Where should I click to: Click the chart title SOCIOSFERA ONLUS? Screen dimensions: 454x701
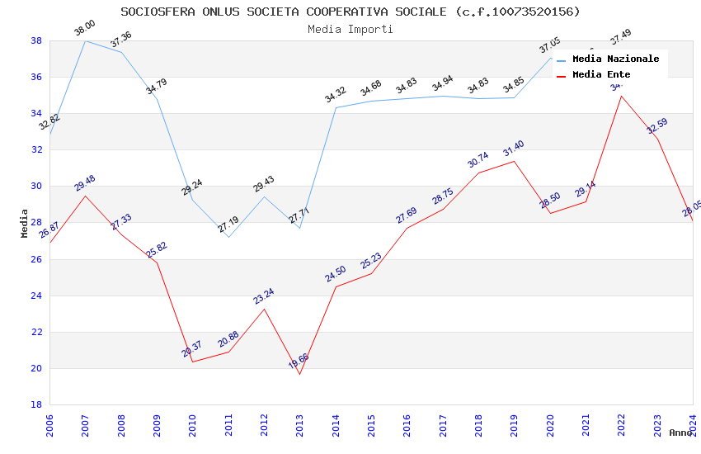pos(350,12)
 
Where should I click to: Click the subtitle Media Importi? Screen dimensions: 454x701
pos(350,29)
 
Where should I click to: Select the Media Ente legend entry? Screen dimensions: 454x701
pos(601,75)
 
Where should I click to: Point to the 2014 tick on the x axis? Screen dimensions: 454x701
pos(336,424)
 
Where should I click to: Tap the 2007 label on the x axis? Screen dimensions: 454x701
pos(86,424)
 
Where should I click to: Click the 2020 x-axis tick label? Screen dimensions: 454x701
pos(550,424)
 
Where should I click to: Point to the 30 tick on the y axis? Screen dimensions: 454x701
pos(37,187)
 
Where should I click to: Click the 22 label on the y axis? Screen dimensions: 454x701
pos(37,332)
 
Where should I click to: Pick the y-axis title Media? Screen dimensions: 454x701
pos(25,223)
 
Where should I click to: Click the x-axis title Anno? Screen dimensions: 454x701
pos(680,433)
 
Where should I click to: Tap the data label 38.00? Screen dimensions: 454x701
pos(85,29)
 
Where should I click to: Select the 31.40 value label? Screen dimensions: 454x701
pos(513,149)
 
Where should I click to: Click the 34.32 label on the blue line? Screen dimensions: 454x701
pos(336,96)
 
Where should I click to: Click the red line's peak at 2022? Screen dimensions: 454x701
pos(621,96)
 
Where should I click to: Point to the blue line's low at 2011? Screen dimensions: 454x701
pos(228,237)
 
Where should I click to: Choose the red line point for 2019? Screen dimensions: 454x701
pos(515,161)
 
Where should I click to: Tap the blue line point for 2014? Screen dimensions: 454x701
pos(336,107)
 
